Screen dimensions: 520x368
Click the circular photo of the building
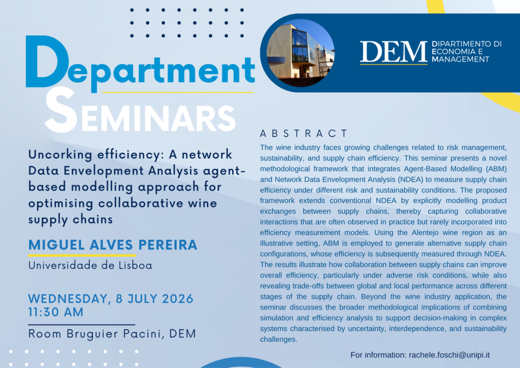pyautogui.click(x=300, y=53)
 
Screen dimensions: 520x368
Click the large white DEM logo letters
pyautogui.click(x=394, y=51)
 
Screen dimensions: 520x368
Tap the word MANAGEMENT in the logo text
pyautogui.click(x=461, y=59)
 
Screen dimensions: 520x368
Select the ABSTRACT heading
pyautogui.click(x=304, y=133)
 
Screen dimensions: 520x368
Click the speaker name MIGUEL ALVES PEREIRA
pyautogui.click(x=113, y=245)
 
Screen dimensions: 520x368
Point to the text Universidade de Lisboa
pyautogui.click(x=90, y=265)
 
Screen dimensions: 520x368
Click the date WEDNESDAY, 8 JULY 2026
pyautogui.click(x=111, y=299)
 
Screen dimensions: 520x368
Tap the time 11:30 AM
pyautogui.click(x=56, y=312)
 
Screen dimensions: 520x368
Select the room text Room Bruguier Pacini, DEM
pyautogui.click(x=112, y=334)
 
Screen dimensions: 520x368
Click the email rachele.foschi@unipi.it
pyautogui.click(x=449, y=355)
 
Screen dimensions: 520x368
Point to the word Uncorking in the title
pyautogui.click(x=60, y=155)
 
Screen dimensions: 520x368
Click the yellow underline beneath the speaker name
pyautogui.click(x=82, y=256)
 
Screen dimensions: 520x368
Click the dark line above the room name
pyautogui.click(x=82, y=325)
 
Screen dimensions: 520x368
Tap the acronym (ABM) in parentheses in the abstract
pyautogui.click(x=496, y=169)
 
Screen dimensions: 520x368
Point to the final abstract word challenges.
pyautogui.click(x=279, y=340)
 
